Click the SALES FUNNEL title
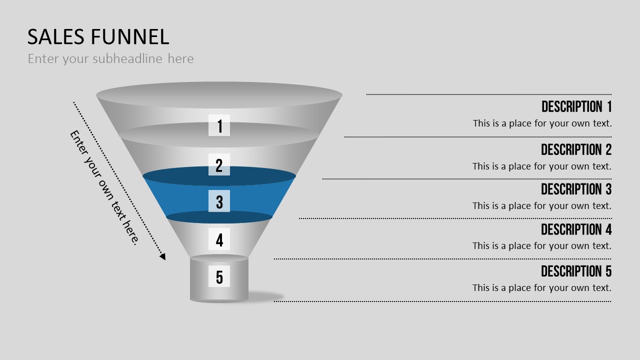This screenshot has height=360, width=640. click(98, 37)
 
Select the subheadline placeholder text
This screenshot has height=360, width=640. click(111, 59)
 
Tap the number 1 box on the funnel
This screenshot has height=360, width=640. click(219, 125)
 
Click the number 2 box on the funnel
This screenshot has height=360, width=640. click(219, 164)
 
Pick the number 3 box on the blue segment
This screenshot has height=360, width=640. click(219, 201)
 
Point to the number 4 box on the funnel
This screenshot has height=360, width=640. click(219, 239)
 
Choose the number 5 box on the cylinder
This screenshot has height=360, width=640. click(219, 276)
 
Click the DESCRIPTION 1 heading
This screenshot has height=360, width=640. click(576, 106)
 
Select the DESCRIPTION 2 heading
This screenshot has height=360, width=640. click(576, 149)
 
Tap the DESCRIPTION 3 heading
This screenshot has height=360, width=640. click(576, 189)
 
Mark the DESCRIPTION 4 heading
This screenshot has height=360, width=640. click(576, 229)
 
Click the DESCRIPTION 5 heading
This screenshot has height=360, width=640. click(576, 271)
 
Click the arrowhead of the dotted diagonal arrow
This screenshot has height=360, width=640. click(163, 257)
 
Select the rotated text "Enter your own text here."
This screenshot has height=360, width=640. click(104, 187)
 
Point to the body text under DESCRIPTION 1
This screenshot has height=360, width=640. click(542, 123)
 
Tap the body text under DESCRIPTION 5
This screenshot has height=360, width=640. click(542, 287)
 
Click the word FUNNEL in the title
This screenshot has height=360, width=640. click(130, 37)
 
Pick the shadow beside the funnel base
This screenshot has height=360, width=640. click(265, 296)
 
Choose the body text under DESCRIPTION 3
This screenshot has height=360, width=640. click(542, 205)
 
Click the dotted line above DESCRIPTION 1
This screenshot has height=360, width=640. click(489, 94)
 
